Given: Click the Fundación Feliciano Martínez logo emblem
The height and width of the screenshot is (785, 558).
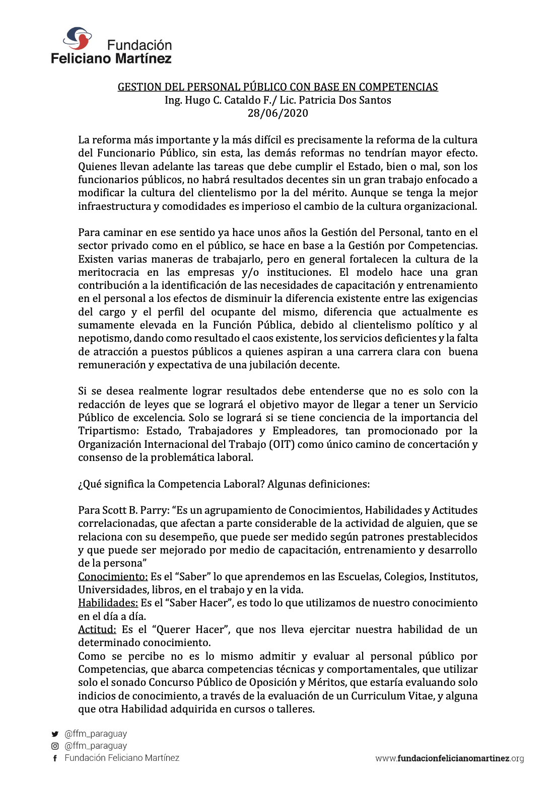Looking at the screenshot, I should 77,38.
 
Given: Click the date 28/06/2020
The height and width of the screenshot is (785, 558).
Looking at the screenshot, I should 277,113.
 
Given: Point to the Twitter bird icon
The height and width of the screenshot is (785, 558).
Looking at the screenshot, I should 55,734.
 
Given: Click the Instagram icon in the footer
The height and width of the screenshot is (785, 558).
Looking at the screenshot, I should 55,746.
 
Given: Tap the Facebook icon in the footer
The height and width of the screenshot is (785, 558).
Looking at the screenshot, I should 55,758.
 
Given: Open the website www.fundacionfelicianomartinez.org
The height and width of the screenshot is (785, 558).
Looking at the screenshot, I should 449,758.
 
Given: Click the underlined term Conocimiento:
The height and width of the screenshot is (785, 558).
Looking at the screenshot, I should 113,577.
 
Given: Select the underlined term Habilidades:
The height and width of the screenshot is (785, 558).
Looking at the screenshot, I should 108,603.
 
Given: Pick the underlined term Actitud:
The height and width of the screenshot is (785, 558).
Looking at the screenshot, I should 97,630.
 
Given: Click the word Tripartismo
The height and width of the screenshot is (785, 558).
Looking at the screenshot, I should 108,431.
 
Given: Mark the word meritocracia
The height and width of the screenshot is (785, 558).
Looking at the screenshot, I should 108,272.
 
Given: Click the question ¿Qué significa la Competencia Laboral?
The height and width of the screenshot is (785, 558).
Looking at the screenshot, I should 171,484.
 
